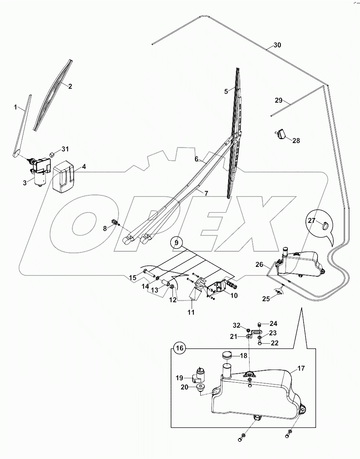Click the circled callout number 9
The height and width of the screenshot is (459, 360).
coord(175,243)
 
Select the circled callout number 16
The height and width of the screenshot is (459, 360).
coord(180,348)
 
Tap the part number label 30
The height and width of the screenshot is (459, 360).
coord(277,45)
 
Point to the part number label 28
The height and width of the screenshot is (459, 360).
coord(296,141)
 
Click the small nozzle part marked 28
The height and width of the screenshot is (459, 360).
coord(281,133)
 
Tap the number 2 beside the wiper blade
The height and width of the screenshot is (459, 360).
coord(70,86)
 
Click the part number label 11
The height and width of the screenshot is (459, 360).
coord(191,312)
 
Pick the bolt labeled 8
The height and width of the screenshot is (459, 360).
coord(115,223)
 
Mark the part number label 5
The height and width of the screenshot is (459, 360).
coord(226,91)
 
